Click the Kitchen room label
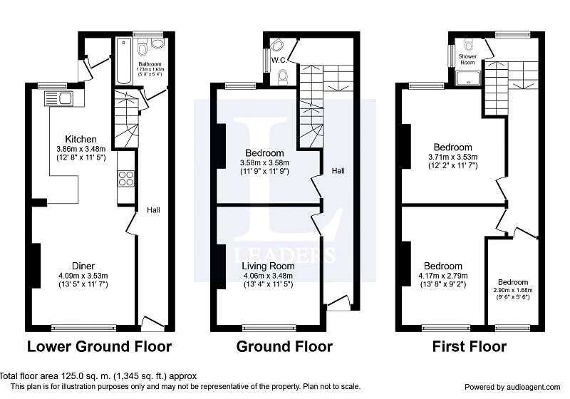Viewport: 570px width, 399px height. pos(81,139)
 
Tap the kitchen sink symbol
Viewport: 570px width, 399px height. pos(59,98)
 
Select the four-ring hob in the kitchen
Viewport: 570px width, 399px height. pos(126,179)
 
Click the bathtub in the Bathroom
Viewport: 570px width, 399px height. pos(123,61)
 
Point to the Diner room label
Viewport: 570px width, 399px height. pos(83,266)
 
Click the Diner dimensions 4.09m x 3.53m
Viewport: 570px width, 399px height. pos(83,276)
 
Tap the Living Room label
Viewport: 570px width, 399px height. pos(269,266)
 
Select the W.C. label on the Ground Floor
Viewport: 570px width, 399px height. pos(279,61)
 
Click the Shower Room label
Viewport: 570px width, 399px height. pos(467,59)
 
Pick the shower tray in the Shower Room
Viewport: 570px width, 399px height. pos(468,78)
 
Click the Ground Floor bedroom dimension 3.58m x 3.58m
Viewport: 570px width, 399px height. pos(264,162)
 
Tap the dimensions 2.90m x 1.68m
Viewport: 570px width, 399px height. pos(513,290)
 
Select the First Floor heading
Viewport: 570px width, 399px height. pos(470,346)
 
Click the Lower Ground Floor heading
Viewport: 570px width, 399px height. pos(100,346)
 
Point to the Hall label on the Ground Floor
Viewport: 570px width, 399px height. pos(338,171)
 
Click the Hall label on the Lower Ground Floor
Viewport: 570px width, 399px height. pos(153,210)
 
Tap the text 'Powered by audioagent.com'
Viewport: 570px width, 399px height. pos(512,388)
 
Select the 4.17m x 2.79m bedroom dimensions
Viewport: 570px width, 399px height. pos(443,276)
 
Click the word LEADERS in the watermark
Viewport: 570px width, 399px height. pos(284,254)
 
